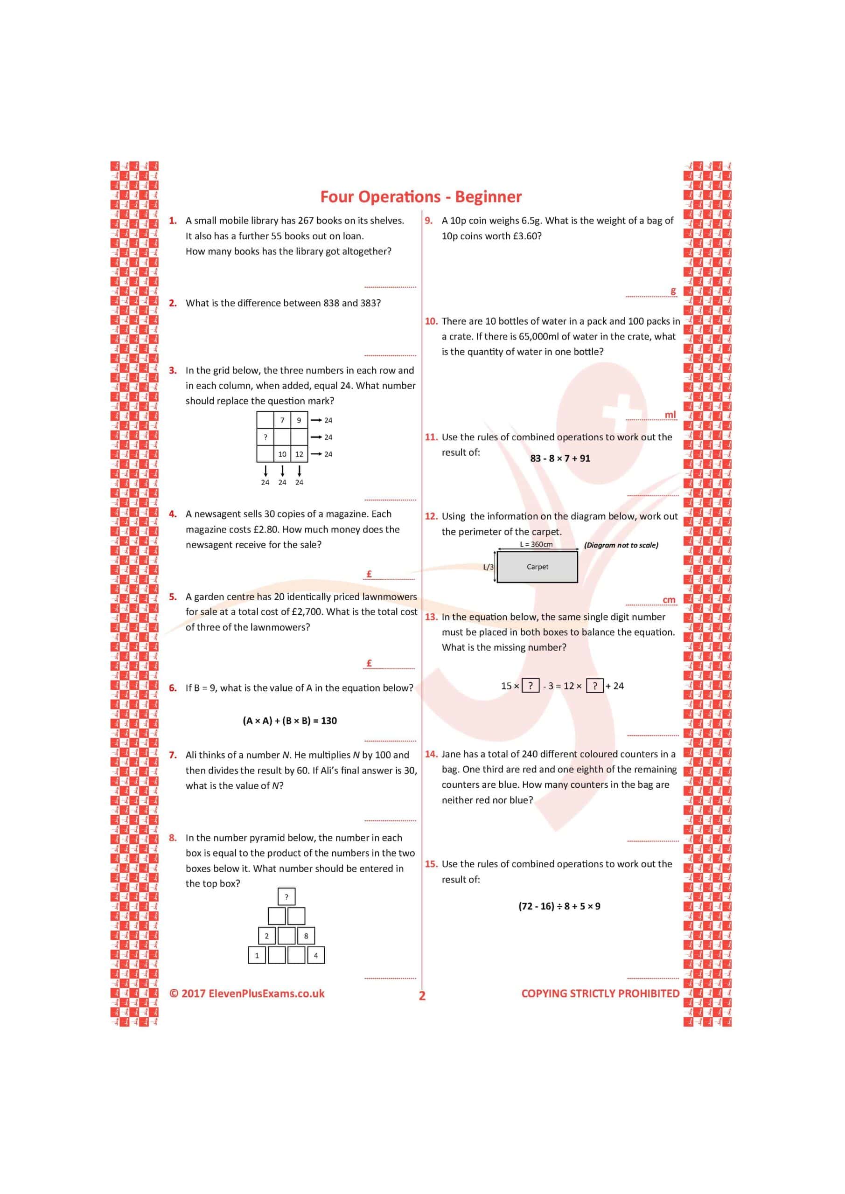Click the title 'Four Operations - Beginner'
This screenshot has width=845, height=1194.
[x=420, y=196]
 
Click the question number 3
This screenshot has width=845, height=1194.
[x=173, y=370]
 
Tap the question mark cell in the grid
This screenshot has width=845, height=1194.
[x=265, y=437]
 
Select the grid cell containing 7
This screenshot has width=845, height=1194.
[x=282, y=420]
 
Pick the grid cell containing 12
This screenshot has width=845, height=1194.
[x=299, y=454]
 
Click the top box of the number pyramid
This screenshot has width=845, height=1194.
[x=286, y=896]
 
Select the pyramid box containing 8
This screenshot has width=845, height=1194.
[x=306, y=936]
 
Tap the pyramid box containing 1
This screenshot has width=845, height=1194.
[x=257, y=955]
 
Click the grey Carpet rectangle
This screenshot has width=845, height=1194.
[x=537, y=567]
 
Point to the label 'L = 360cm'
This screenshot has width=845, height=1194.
[x=536, y=544]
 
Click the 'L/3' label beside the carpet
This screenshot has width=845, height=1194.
[x=488, y=567]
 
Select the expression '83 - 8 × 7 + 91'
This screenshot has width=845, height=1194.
[x=560, y=458]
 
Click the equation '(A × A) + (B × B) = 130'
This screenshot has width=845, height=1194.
[x=289, y=721]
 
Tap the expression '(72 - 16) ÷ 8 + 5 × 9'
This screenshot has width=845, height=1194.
[x=559, y=906]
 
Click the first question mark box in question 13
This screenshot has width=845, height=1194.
[x=530, y=686]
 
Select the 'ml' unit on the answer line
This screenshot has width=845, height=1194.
[x=670, y=415]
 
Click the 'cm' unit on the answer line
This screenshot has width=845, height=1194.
[x=669, y=600]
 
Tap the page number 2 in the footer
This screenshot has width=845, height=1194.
[x=422, y=995]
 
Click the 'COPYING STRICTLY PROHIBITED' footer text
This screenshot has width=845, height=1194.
[x=600, y=993]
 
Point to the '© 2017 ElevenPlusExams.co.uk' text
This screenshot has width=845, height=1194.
[x=247, y=993]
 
